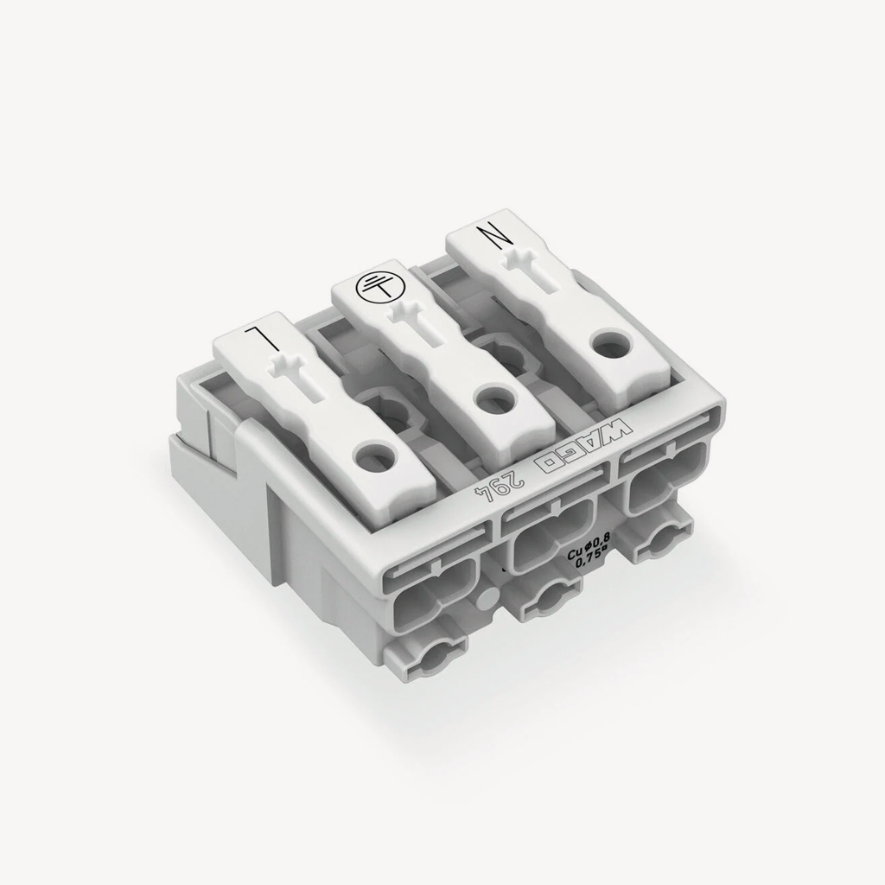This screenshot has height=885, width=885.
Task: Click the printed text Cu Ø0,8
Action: tap(589, 554)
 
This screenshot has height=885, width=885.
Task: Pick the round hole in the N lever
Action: tap(607, 343)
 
